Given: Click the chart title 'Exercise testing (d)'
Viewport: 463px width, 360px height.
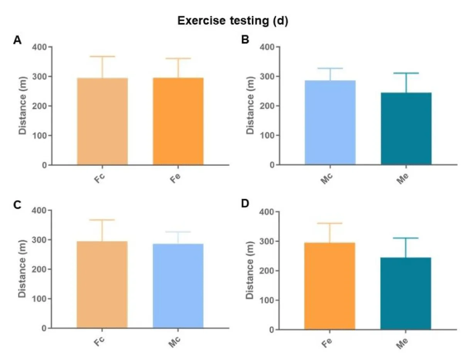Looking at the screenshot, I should coord(233,21).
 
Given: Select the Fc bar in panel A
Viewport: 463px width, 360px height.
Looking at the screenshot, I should coord(103,122).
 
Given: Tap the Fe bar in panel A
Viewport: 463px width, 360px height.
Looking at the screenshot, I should coord(178,122).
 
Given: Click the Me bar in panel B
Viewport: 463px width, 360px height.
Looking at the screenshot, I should coord(406,129).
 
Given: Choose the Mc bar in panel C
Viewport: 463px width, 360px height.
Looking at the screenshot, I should coord(178,286).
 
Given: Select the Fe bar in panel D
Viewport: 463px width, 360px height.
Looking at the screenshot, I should coord(330,286).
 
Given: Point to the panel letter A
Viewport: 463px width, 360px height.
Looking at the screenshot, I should coord(17,40).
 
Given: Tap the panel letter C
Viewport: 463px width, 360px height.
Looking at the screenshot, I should coord(17,205).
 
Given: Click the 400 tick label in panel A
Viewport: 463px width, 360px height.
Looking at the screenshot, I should coord(39,47).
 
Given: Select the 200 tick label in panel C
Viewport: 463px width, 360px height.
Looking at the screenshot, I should coord(39,269).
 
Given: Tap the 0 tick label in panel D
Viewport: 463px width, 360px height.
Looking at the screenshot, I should coord(272,330).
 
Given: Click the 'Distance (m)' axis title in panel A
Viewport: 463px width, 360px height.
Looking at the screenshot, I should coord(23,106).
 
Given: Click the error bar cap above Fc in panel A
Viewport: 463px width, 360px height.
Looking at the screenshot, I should coord(103,57).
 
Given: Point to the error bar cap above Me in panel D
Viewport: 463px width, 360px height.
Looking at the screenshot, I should coord(406,238).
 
